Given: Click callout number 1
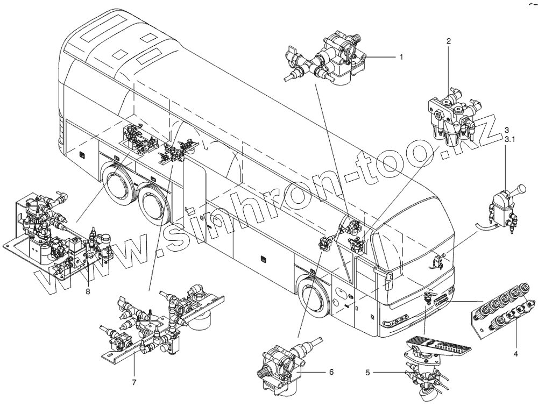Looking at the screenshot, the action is coord(400,56).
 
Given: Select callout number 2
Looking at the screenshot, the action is coord(449,41).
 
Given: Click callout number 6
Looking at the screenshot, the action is coord(331,372).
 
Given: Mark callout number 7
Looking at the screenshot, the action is coord(134,382).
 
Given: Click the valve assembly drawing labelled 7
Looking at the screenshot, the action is coord(161,328).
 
